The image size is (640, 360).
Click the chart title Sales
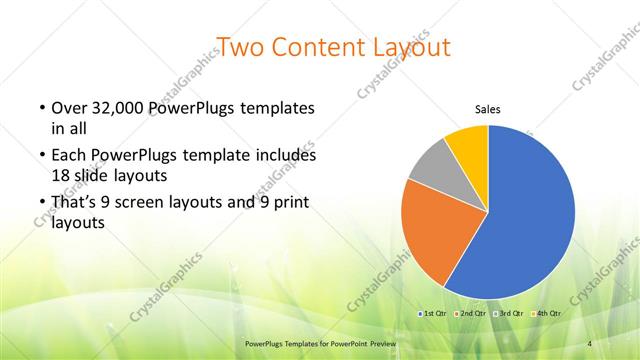487,110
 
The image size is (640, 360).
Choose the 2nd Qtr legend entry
472,313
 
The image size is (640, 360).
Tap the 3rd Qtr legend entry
508,313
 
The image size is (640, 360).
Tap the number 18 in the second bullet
59,174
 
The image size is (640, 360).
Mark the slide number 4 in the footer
589,343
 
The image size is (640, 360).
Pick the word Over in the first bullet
67,107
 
